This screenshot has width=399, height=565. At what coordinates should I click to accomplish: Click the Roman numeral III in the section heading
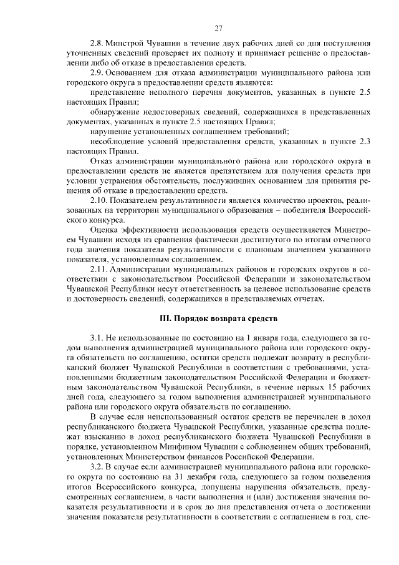[x=166, y=318]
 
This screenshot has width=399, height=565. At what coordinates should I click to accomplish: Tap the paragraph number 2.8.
[x=97, y=44]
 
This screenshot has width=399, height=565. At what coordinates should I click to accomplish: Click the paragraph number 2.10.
[x=99, y=199]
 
